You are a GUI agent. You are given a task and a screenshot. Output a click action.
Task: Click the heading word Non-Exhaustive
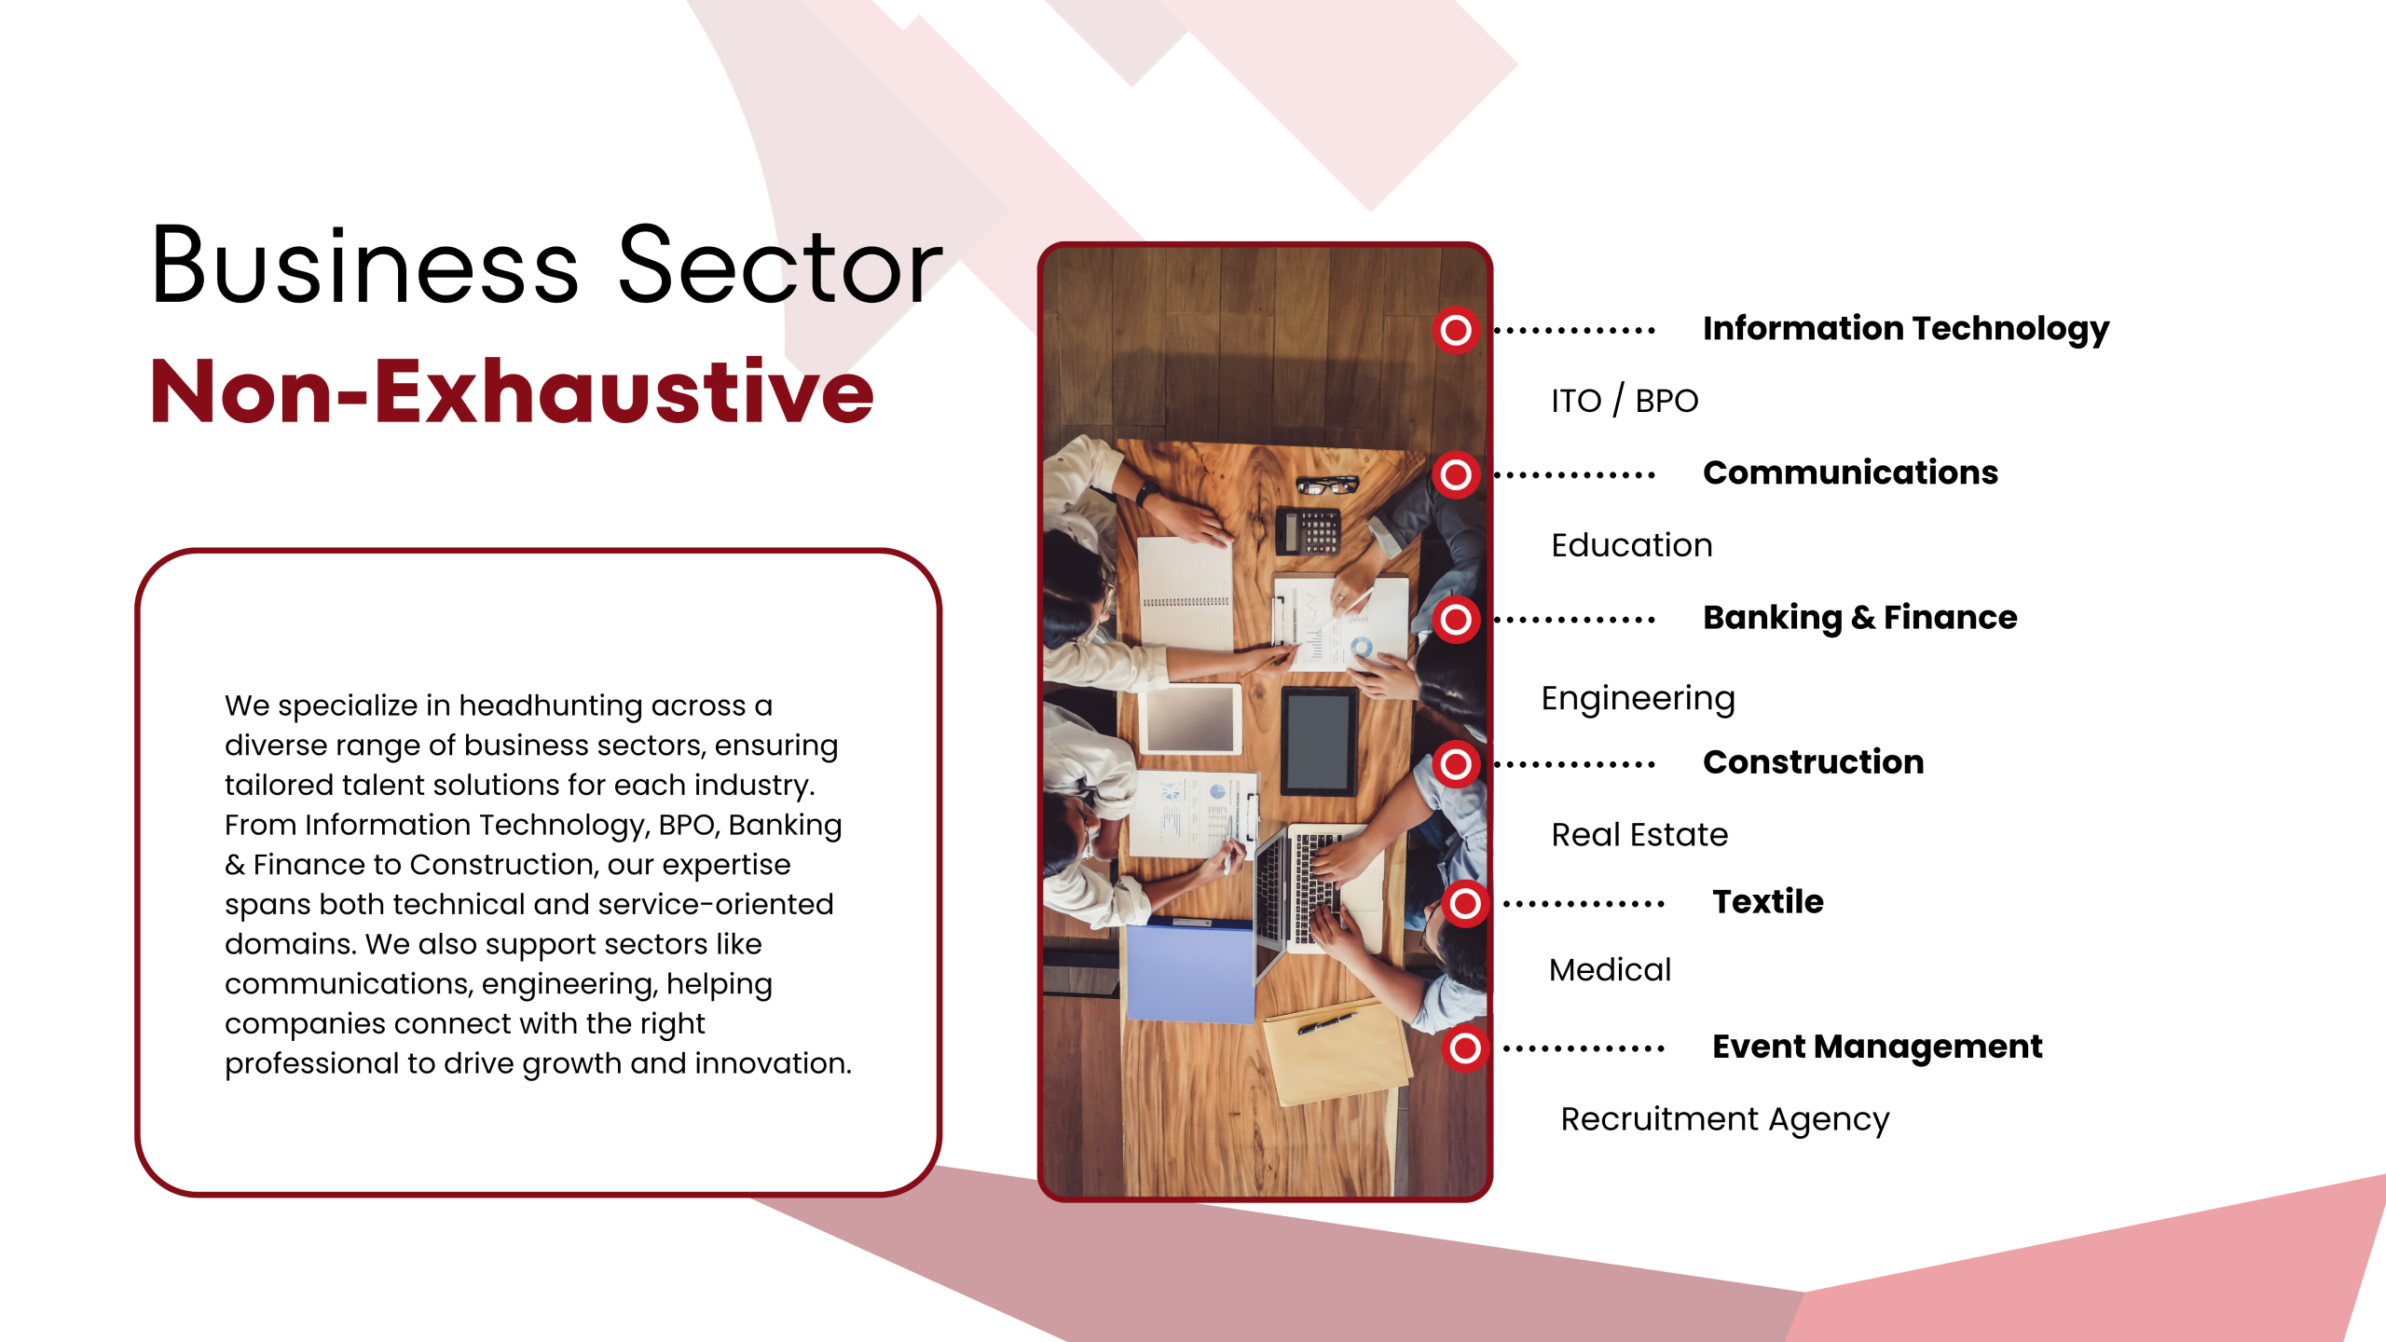(512, 390)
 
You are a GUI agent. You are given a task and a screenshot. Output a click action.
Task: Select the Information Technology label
(1906, 329)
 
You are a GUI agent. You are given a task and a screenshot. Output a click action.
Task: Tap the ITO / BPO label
(1625, 401)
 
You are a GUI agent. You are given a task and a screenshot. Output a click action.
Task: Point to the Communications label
(1850, 472)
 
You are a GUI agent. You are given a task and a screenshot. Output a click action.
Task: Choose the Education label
(1632, 545)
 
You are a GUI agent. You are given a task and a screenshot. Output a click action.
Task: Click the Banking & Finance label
(1860, 618)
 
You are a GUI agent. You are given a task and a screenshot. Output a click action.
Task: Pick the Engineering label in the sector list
(1638, 699)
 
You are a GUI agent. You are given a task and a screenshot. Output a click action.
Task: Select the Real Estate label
(1639, 834)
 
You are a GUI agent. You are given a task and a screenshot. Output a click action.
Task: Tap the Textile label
(1768, 901)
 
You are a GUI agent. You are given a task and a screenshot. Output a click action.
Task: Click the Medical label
(1610, 970)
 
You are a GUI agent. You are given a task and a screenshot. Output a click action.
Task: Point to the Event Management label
(1877, 1048)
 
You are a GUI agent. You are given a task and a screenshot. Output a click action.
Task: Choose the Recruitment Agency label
(1725, 1119)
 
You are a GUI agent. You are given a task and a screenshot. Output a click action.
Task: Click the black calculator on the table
(1308, 530)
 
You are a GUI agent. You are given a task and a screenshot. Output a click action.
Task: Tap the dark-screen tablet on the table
(1319, 741)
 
